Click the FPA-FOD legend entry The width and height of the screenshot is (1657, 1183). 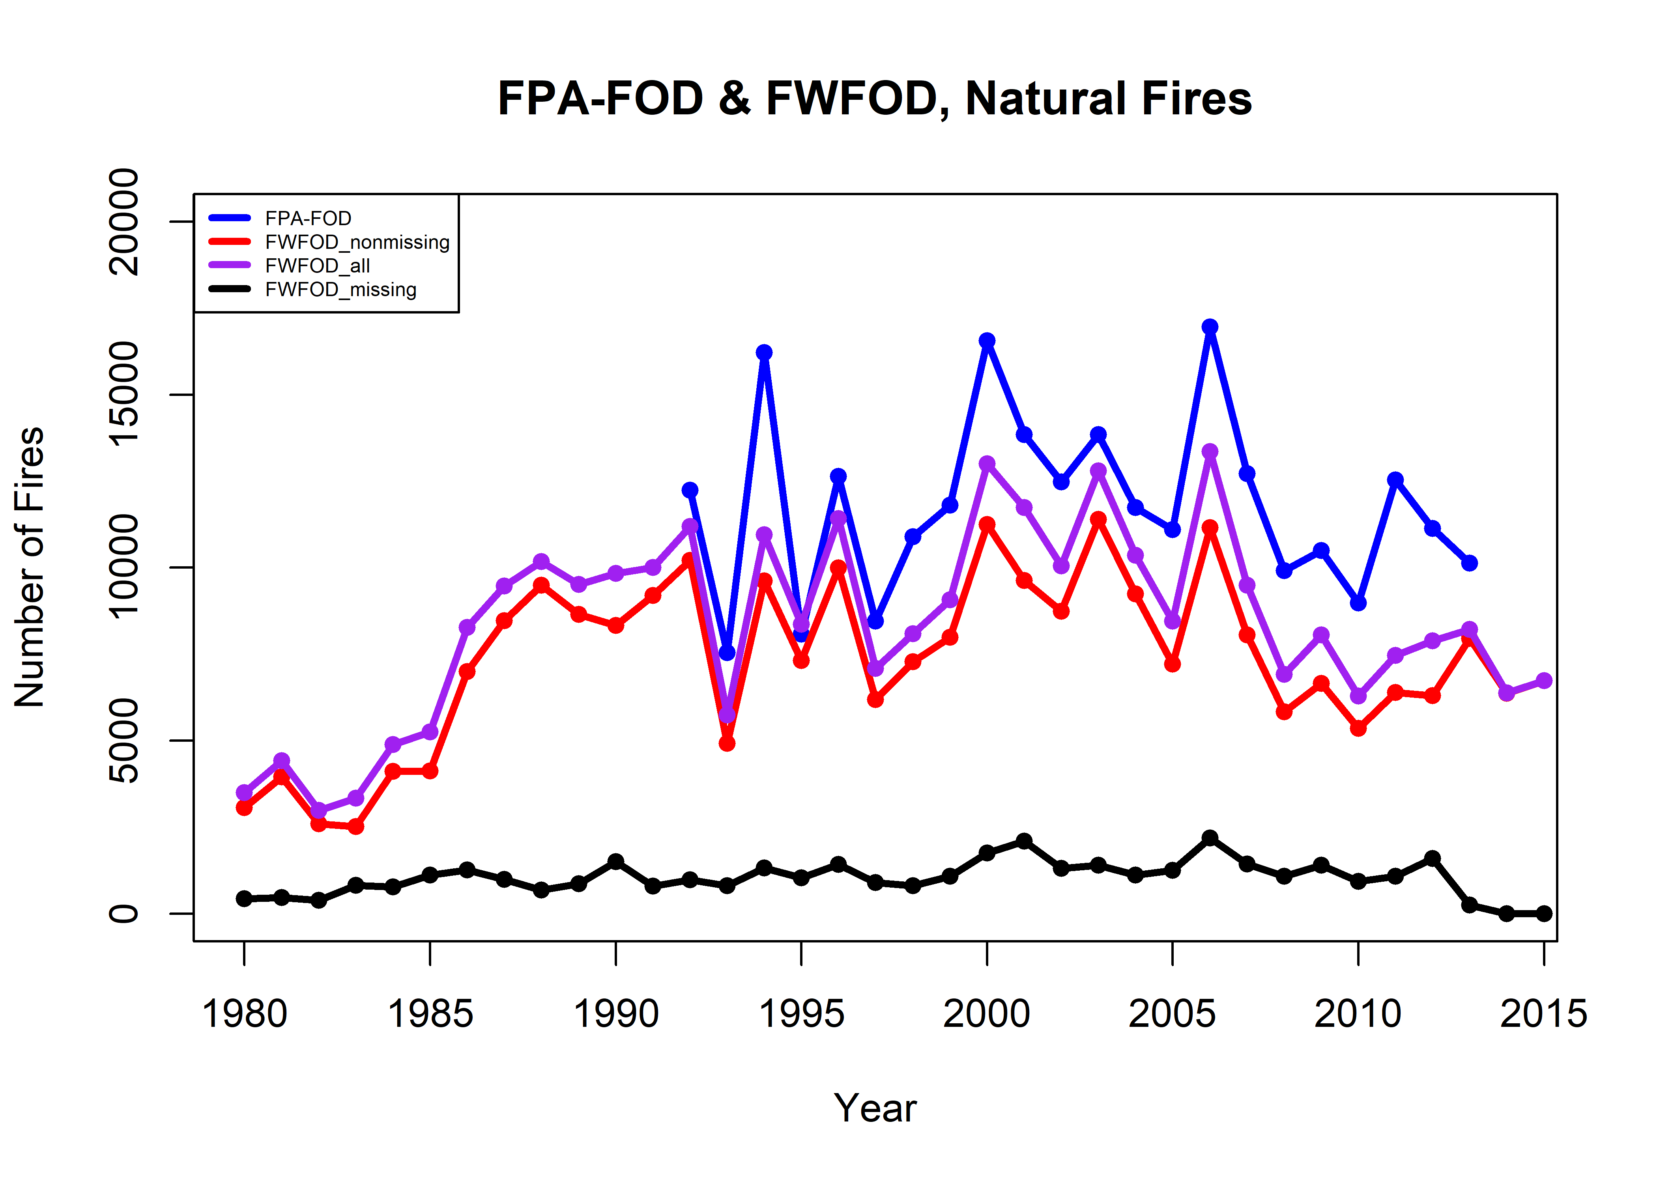307,218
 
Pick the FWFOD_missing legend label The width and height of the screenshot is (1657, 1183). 340,290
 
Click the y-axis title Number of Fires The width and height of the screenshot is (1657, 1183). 29,567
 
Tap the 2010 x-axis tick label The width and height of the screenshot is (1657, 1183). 1358,1013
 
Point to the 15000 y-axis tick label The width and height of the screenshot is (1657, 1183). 124,394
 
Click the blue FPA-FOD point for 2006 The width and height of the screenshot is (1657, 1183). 1210,327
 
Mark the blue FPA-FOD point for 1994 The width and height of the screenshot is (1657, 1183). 764,353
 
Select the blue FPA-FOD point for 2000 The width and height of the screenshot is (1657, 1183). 987,341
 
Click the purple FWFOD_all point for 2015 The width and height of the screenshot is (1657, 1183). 1543,680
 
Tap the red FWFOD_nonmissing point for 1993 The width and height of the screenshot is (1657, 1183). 726,743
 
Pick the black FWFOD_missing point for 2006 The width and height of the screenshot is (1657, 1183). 1210,838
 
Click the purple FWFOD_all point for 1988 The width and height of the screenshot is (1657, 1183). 540,562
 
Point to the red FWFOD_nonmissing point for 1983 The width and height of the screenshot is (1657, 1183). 355,826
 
